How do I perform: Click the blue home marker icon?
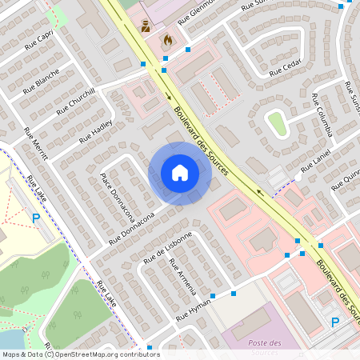coord(180,173)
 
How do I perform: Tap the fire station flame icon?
coord(167,38)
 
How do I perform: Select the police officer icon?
coord(146,26)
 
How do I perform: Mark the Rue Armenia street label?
coord(182,277)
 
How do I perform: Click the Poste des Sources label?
coord(265,348)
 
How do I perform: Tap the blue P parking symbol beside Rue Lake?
coord(35,218)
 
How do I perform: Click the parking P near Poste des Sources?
coord(335,322)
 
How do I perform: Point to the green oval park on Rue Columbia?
coord(277,122)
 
